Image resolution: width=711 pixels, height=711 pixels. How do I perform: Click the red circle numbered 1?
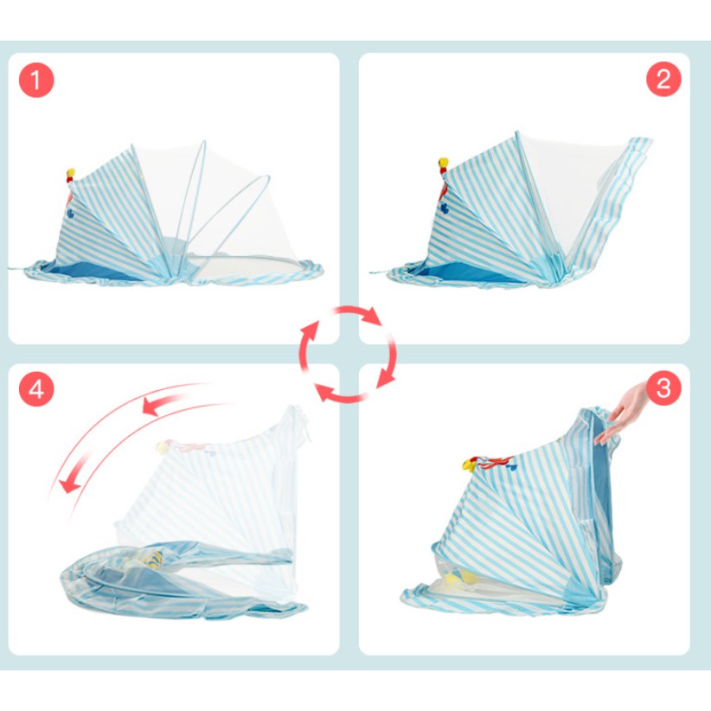36,80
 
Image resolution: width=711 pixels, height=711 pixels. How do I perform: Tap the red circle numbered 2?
663,79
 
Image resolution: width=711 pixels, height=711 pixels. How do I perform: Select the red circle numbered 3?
663,388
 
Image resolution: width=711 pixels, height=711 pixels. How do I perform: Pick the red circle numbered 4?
36,389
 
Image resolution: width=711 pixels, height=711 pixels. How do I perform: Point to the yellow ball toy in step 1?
71,173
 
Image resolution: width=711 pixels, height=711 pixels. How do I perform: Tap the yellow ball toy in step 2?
443,163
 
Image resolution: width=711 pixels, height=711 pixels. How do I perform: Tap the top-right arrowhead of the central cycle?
372,316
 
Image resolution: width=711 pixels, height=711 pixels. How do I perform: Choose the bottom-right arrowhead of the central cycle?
387,377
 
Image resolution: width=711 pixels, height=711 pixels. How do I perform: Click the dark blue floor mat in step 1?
91,272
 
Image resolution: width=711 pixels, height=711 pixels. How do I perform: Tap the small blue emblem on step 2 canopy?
445,208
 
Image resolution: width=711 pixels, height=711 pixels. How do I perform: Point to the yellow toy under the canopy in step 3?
458,578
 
